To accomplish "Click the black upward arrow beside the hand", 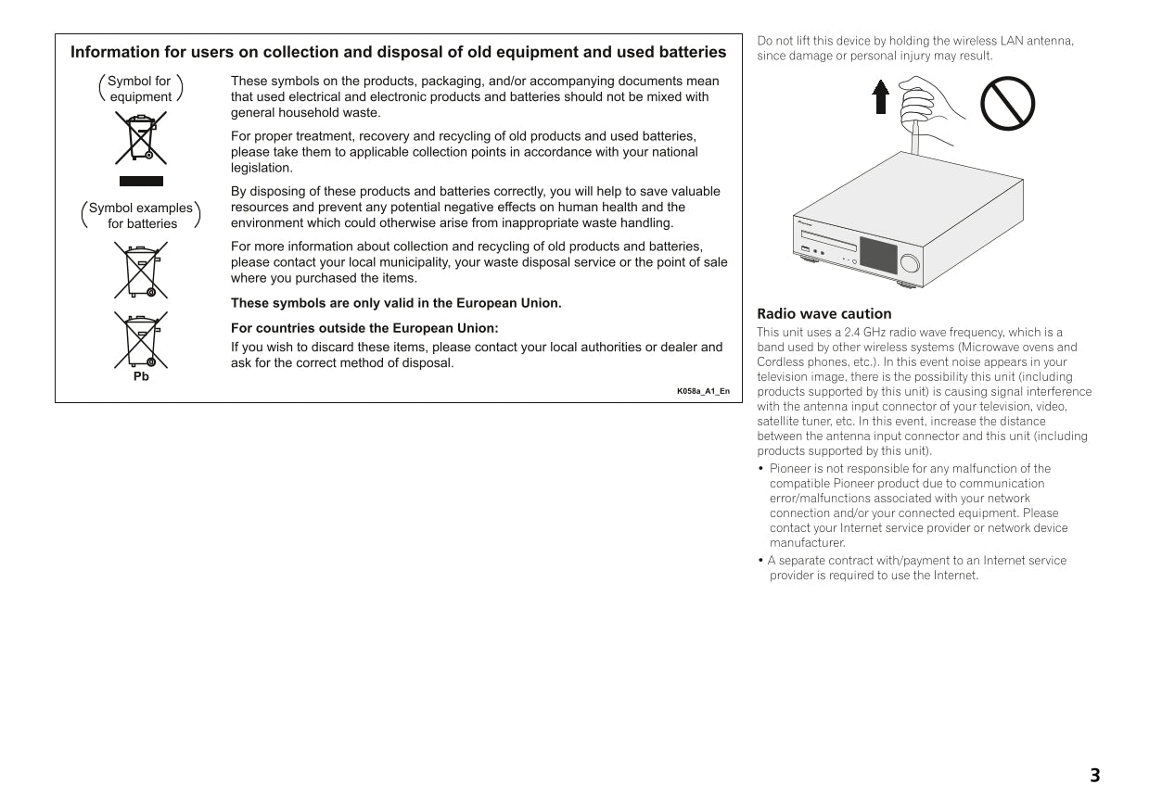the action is [881, 97].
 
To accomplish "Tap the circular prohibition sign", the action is [1007, 104].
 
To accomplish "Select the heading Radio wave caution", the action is [823, 314].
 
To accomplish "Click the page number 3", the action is [1094, 775].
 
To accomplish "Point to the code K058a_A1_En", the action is [703, 391].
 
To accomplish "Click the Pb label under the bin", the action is [141, 376].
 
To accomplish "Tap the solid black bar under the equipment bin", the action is [141, 181].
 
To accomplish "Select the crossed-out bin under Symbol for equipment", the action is [141, 138].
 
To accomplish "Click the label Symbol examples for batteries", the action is [141, 215].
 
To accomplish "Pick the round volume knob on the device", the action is [910, 263].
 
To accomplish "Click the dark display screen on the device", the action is [878, 255].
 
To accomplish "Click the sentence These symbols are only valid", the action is [396, 303].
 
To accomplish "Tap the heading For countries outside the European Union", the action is [364, 328].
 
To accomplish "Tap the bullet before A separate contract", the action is [760, 561].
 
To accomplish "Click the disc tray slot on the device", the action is [828, 240].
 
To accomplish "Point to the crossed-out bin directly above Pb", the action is [141, 340].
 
